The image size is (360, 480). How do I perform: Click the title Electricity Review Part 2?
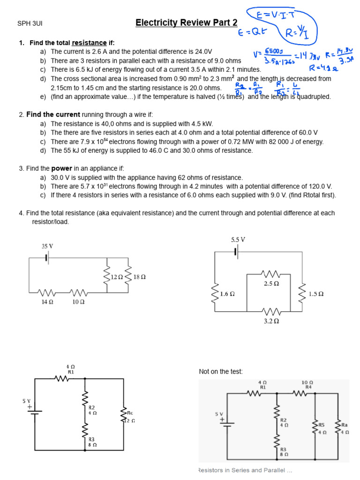(186, 22)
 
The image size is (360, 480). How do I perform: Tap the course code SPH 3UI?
(30, 23)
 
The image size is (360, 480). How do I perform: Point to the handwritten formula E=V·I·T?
(277, 15)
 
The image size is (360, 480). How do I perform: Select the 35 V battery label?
(47, 247)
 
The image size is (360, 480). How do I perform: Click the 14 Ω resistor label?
(47, 302)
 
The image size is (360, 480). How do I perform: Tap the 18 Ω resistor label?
(140, 277)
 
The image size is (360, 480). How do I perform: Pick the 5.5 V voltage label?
(238, 240)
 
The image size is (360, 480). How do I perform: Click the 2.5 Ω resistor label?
(272, 284)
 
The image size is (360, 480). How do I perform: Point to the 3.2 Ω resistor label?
(272, 322)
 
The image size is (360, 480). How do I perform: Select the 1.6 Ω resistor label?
(227, 294)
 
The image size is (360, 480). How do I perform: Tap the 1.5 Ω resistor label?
(316, 294)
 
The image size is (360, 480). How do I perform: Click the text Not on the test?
(221, 372)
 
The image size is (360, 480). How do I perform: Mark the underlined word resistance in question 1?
(89, 43)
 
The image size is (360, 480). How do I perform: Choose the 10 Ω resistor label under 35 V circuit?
(78, 302)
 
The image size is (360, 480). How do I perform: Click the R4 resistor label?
(308, 387)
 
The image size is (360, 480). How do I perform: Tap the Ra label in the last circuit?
(345, 425)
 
